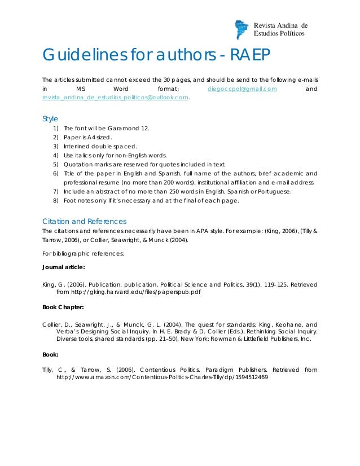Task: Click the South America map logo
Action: [241, 29]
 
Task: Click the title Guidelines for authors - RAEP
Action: [157, 56]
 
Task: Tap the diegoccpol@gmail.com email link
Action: [242, 89]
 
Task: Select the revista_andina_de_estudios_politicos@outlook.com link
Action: [116, 98]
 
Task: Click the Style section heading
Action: [50, 118]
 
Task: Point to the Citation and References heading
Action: [85, 221]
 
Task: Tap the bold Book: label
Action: [50, 355]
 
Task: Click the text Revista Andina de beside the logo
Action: [280, 25]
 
